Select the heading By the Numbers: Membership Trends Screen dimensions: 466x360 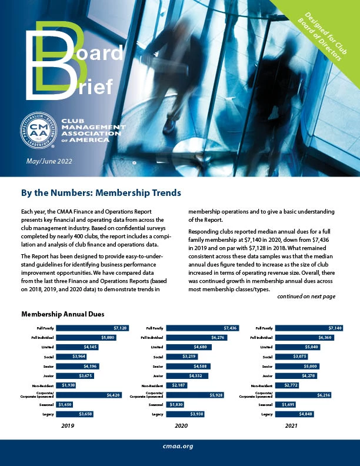(101, 193)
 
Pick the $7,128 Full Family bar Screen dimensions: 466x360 (94, 328)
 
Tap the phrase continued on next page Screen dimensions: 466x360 (306, 297)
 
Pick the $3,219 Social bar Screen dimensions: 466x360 (179, 357)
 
